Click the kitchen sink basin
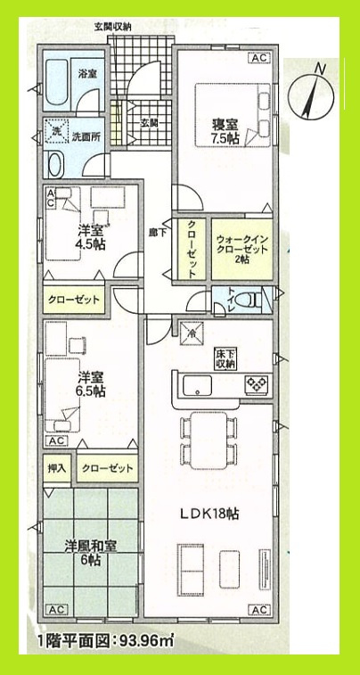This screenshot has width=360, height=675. point(196,386)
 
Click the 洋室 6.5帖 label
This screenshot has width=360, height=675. point(90,383)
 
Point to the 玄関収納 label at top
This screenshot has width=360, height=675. point(113,28)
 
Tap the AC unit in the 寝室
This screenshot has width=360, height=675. point(259,58)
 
